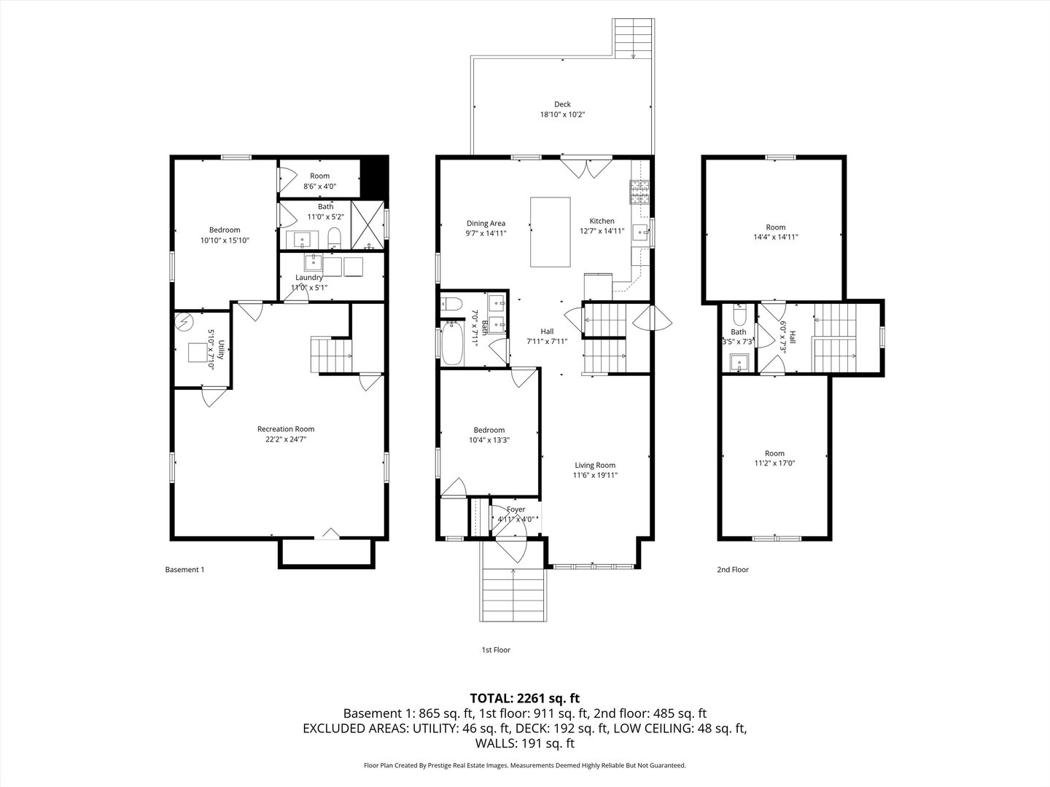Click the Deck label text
pos(562,104)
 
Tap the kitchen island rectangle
pos(550,232)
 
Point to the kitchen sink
pos(641,232)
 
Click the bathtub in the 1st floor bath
pos(452,343)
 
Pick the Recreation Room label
pos(286,429)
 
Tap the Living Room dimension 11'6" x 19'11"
pos(595,475)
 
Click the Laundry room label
pos(309,277)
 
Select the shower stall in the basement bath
pos(367,225)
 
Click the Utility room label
pos(221,349)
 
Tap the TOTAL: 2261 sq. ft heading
pos(525,699)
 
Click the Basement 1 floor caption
pos(184,570)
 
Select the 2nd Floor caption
pos(733,570)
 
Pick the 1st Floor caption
pos(496,650)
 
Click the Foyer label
pos(516,509)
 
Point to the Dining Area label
pos(486,223)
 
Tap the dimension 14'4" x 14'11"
pos(776,237)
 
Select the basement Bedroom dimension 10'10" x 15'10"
pos(225,240)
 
